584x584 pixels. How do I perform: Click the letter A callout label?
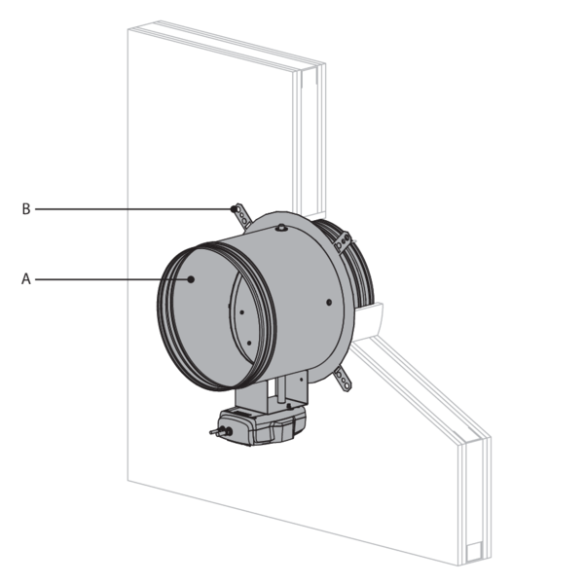pyautogui.click(x=25, y=278)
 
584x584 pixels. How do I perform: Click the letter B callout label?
pyautogui.click(x=26, y=209)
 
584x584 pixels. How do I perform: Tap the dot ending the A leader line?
pyautogui.click(x=191, y=279)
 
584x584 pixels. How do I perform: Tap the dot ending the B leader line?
pyautogui.click(x=234, y=209)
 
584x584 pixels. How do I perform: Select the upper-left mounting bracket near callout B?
pyautogui.click(x=242, y=216)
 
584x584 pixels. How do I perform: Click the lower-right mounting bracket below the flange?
pyautogui.click(x=343, y=379)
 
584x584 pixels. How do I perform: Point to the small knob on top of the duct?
pyautogui.click(x=281, y=227)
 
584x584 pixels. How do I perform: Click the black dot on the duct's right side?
pyautogui.click(x=329, y=302)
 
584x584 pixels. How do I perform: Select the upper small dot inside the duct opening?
pyautogui.click(x=241, y=312)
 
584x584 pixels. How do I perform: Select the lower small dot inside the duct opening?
pyautogui.click(x=249, y=343)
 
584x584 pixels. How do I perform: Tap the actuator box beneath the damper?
pyautogui.click(x=261, y=425)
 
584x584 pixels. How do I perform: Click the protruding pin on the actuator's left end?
pyautogui.click(x=219, y=432)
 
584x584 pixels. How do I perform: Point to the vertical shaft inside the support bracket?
pyautogui.click(x=281, y=388)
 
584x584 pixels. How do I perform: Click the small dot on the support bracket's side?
pyautogui.click(x=302, y=379)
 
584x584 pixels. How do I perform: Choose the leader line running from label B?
pyautogui.click(x=133, y=209)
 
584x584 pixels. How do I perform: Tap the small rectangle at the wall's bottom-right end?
pyautogui.click(x=475, y=552)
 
